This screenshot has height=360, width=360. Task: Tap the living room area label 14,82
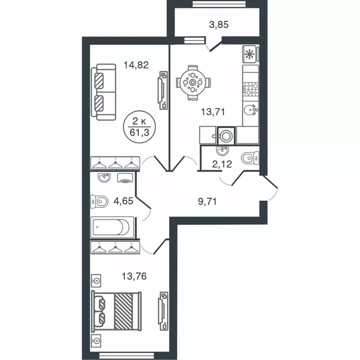click(136, 65)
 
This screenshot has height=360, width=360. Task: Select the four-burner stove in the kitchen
click(251, 87)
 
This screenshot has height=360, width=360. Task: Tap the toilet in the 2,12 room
click(248, 158)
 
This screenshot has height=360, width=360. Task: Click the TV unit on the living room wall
click(162, 90)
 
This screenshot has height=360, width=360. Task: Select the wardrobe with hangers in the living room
click(115, 163)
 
